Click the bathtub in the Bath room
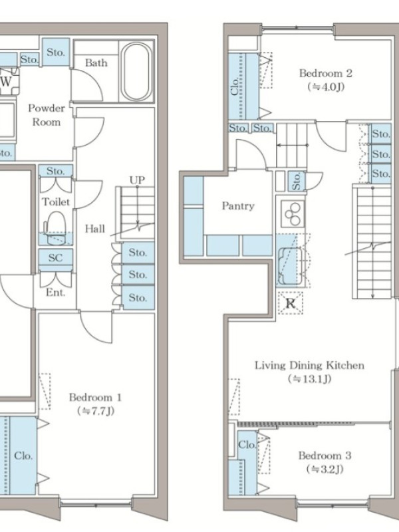[136, 72]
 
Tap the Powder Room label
[47, 115]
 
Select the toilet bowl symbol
[55, 227]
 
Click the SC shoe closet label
[55, 257]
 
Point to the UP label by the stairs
[137, 180]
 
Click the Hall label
[94, 229]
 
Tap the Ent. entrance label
[56, 292]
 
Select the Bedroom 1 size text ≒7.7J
[96, 411]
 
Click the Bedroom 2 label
[325, 73]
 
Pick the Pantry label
[238, 206]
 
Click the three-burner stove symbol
[293, 213]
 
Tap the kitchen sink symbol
[289, 266]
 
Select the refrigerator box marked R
[290, 303]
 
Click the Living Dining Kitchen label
[309, 365]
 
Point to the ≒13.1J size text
[309, 378]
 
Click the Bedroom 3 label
[325, 456]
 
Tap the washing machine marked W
[6, 81]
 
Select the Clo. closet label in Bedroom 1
[23, 456]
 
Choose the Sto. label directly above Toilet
[55, 171]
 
